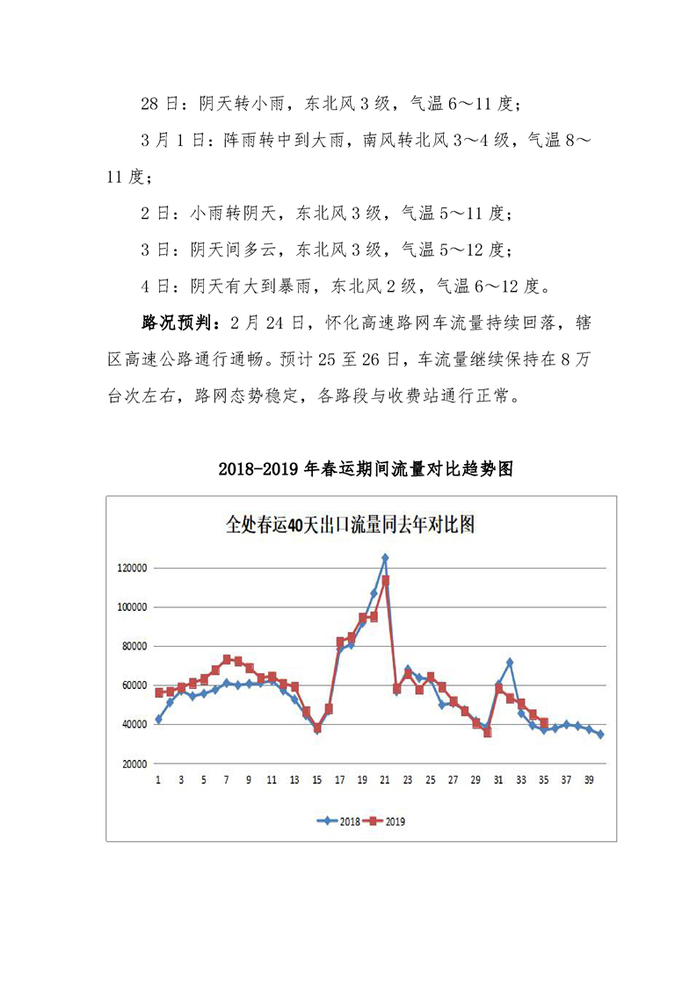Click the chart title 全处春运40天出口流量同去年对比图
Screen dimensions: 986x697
tap(350, 526)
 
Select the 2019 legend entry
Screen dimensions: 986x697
tap(387, 822)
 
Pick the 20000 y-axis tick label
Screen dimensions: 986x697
tap(134, 764)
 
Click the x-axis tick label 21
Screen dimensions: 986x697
tap(385, 780)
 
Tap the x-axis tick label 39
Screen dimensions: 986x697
tap(588, 780)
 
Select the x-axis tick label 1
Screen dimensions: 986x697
tap(158, 780)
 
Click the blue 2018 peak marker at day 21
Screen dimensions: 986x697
tap(385, 558)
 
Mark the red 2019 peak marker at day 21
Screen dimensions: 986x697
tap(385, 580)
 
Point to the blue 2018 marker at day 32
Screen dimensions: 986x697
tap(509, 662)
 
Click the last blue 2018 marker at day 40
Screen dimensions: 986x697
tap(600, 735)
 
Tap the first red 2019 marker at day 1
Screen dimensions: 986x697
tap(159, 692)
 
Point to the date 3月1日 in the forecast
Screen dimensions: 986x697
tap(166, 141)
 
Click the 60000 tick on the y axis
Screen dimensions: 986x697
tap(134, 685)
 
